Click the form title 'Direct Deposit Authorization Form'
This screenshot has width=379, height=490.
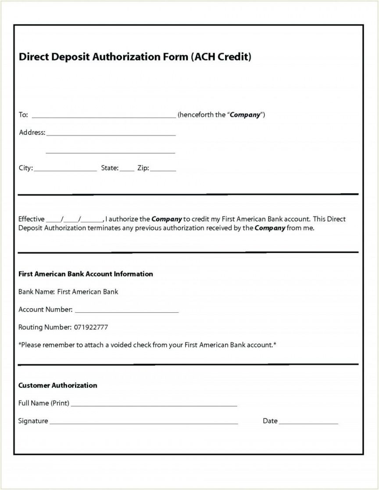[x=104, y=57]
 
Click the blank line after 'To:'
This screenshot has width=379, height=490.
[x=104, y=116]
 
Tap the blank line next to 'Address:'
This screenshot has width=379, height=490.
[x=111, y=134]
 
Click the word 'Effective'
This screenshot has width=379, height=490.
[x=31, y=219]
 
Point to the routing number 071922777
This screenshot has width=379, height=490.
[x=91, y=327]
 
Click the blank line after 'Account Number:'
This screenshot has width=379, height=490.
[x=126, y=311]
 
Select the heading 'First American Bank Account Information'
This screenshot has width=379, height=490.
[x=86, y=274]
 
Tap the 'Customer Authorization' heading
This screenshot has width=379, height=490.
[x=57, y=385]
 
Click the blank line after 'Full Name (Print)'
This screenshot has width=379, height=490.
[x=154, y=404]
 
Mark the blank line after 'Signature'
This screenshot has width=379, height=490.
[x=143, y=422]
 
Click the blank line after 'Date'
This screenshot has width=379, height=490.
[x=308, y=422]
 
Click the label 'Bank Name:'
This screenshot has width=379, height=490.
[x=36, y=292]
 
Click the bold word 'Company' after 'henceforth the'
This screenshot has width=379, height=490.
[x=245, y=115]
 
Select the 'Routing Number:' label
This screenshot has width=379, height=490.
[x=44, y=327]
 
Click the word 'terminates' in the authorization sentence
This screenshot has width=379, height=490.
[x=104, y=228]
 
